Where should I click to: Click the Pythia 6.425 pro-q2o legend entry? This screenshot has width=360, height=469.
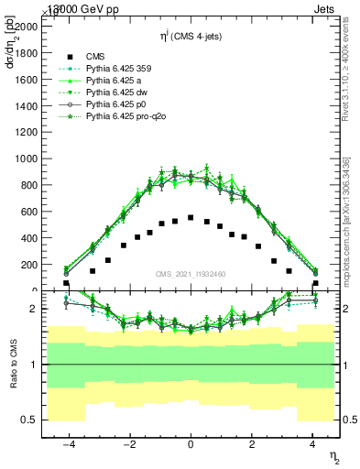[x=126, y=118]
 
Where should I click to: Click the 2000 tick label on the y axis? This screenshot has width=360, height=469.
[x=27, y=27]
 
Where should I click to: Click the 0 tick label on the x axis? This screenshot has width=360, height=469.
[x=191, y=444]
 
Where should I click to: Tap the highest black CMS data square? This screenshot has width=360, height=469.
[x=190, y=218]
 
